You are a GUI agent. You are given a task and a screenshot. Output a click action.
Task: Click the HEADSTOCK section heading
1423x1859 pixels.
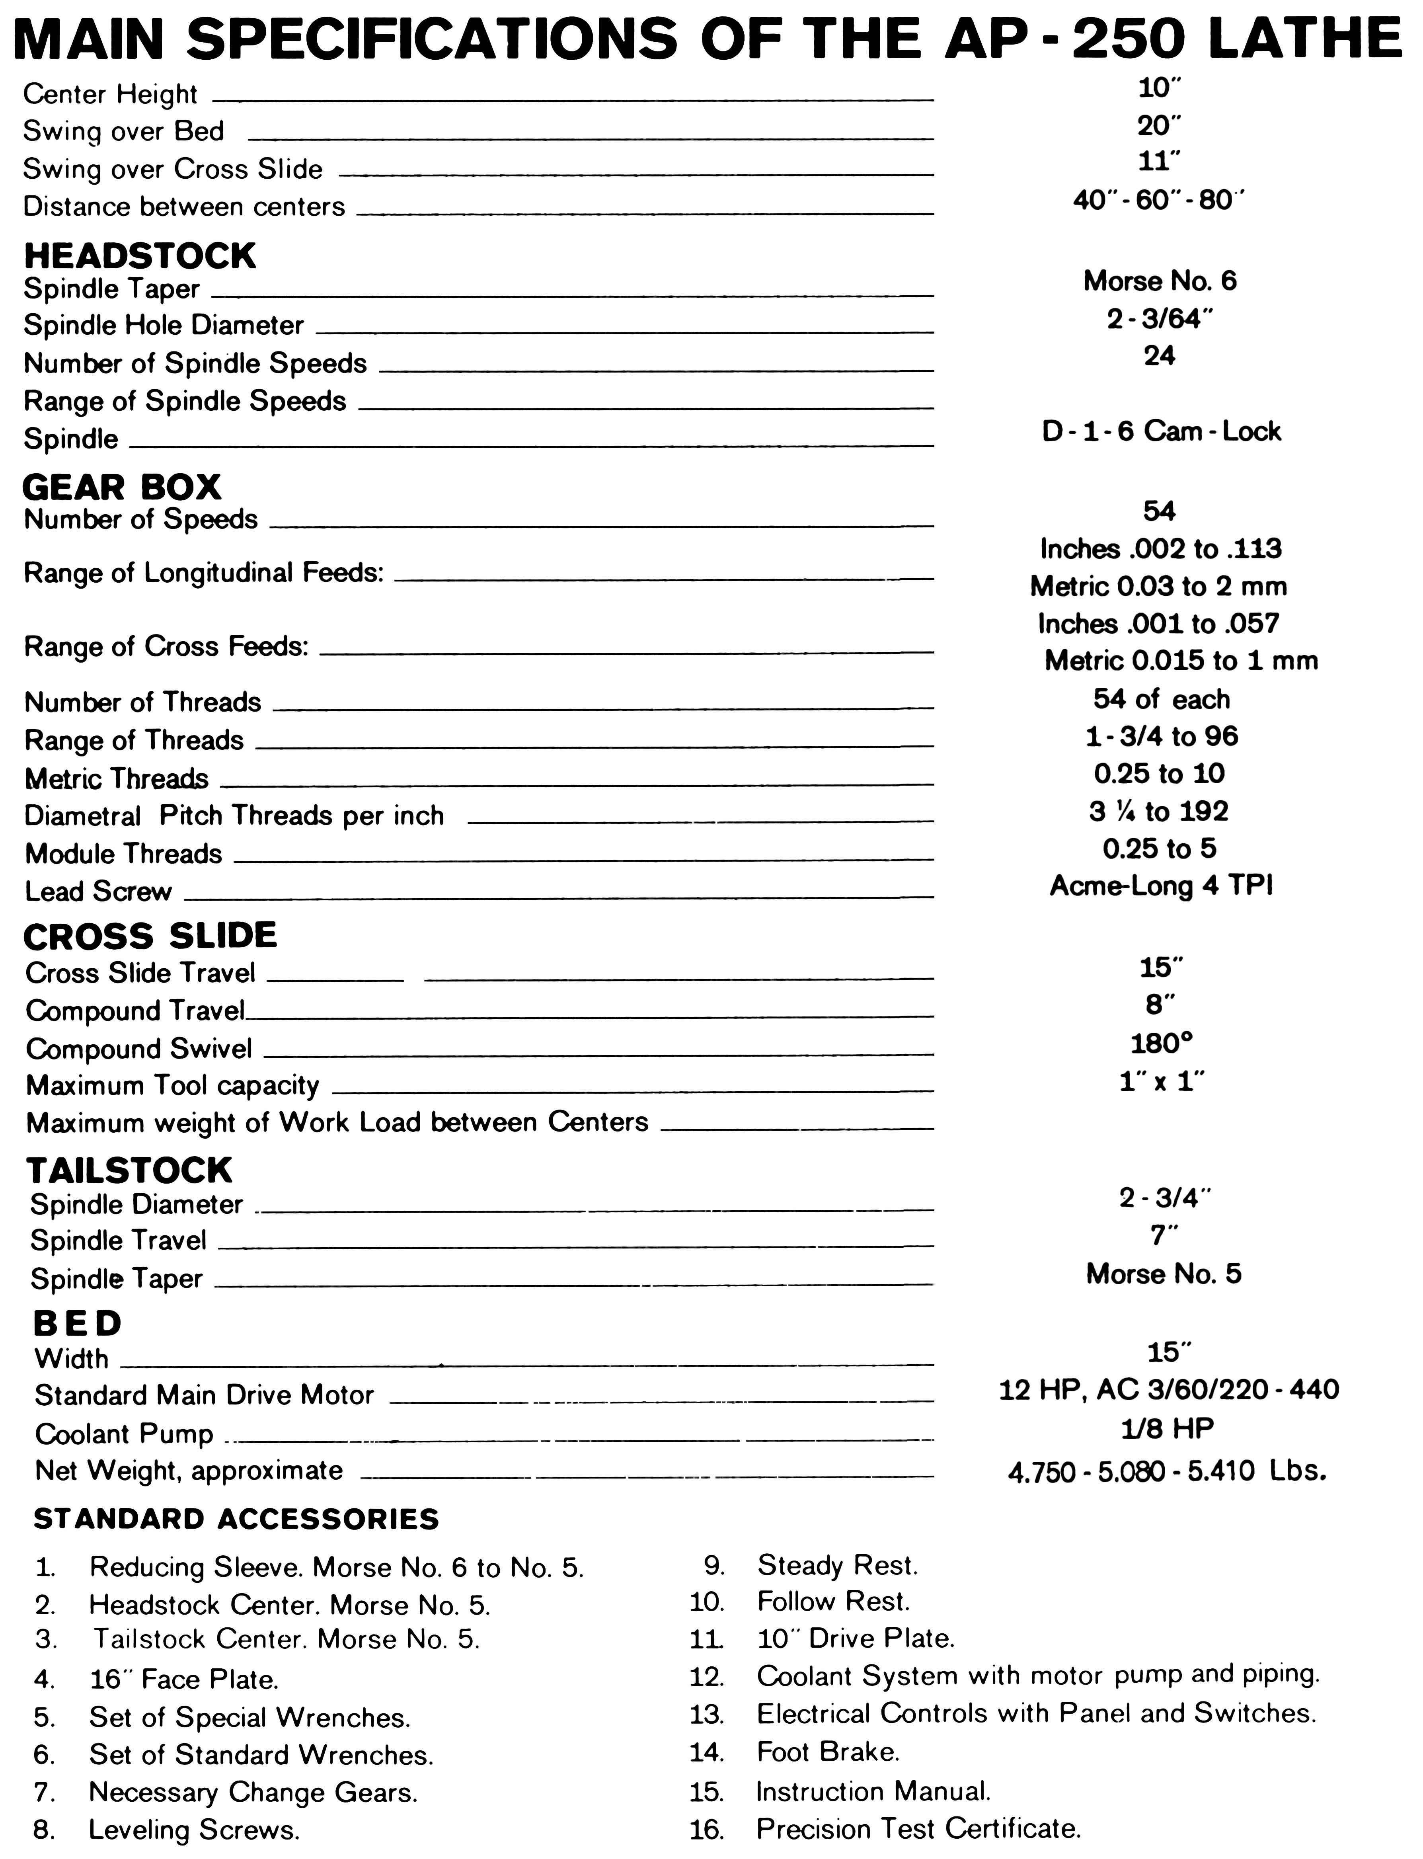tap(140, 256)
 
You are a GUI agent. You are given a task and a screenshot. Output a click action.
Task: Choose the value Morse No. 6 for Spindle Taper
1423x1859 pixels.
tap(1160, 281)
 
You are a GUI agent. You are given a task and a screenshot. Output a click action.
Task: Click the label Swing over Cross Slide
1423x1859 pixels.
tap(173, 170)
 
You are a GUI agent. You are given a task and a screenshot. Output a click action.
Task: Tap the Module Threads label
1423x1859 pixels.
tap(124, 854)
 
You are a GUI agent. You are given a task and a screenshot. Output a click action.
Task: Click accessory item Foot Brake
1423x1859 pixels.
tap(828, 1751)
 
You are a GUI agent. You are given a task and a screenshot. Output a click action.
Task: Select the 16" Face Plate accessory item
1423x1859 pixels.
tap(184, 1679)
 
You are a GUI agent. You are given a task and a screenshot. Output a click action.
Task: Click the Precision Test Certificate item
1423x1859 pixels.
tap(918, 1828)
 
